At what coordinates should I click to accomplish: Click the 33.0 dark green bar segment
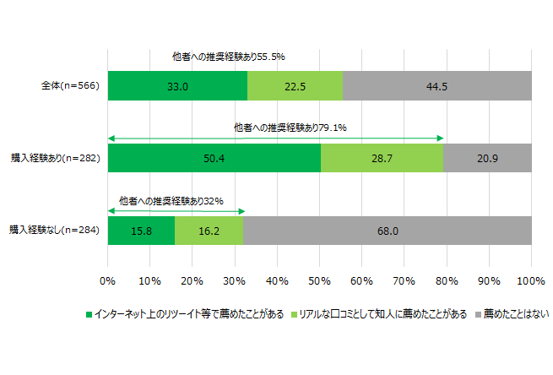tap(177, 86)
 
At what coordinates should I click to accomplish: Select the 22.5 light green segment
tap(295, 86)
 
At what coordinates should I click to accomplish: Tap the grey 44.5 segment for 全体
tap(436, 86)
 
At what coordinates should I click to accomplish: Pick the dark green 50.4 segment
tap(214, 158)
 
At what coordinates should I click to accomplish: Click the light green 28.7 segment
tap(382, 158)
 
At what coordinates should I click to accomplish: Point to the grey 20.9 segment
tap(487, 158)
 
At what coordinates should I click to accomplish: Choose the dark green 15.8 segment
tap(141, 230)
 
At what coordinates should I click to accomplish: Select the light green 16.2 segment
tap(209, 230)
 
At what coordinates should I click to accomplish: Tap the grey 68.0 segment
tap(387, 230)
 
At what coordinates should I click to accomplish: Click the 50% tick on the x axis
tap(319, 280)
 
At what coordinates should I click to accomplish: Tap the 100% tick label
tap(531, 280)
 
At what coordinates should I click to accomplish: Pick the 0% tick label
tap(107, 280)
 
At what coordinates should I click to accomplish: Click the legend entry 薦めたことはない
tap(516, 314)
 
